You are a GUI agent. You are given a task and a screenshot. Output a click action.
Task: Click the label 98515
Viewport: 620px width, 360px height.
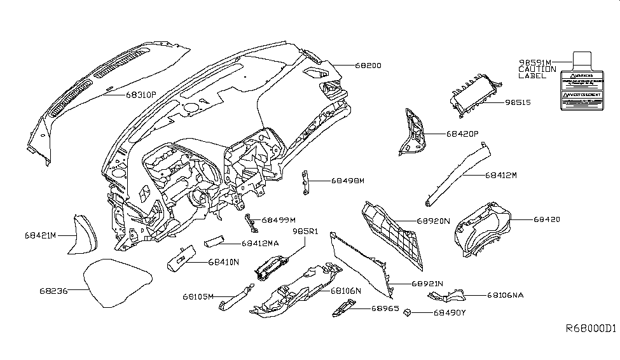coord(518,102)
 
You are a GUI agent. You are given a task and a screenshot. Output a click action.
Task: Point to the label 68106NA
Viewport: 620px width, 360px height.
coord(506,295)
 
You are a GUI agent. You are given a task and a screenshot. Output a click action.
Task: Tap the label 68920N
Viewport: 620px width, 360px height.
coord(433,221)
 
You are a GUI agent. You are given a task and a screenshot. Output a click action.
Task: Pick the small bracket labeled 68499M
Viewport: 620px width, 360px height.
coord(252,221)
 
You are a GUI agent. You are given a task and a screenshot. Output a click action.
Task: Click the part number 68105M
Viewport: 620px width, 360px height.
coord(198,296)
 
